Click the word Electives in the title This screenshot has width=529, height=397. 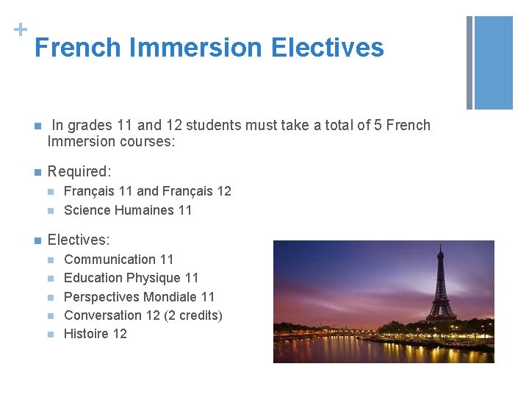tap(327, 48)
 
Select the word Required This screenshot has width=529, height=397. tap(78, 171)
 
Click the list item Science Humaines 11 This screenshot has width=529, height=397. tap(128, 210)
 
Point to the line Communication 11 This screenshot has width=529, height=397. tap(119, 260)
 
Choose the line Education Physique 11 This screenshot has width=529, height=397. tap(131, 278)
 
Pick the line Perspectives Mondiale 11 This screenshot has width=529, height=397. tap(139, 297)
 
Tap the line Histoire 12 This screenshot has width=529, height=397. tap(96, 334)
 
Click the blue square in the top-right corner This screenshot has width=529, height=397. tap(494, 62)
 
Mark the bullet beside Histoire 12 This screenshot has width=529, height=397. tap(50, 335)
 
